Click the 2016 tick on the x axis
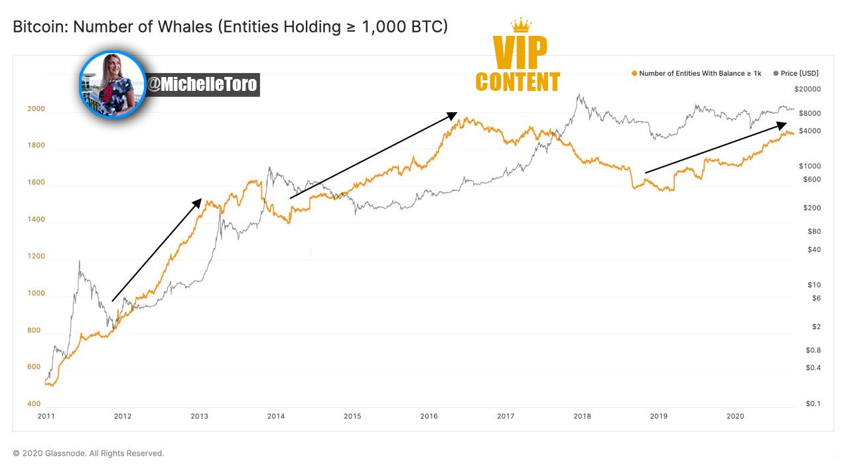pos(429,416)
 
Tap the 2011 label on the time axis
pos(46,416)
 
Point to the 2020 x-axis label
pos(735,416)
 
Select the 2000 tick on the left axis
pos(36,109)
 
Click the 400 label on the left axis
pos(34,403)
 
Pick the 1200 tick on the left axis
pos(36,256)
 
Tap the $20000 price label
pos(808,89)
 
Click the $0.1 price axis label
pos(813,403)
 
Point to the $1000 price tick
pos(810,166)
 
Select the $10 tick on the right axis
pos(814,285)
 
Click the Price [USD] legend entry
pos(796,73)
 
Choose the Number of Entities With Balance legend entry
pos(697,73)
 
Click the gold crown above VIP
pos(522,25)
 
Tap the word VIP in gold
pos(520,52)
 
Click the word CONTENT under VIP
pos(518,82)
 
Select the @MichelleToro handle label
pos(202,84)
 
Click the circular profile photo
pos(112,84)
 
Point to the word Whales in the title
pos(185,27)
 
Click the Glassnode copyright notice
pos(88,453)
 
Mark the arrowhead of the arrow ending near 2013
pos(197,203)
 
